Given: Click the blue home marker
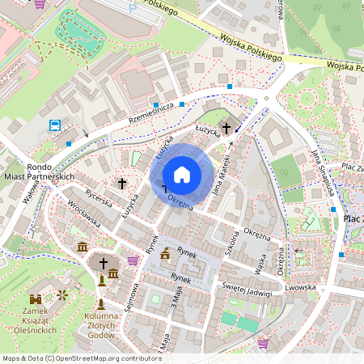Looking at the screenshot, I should [x=182, y=175].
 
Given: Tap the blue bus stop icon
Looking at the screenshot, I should [x=55, y=125].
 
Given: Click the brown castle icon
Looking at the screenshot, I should [x=36, y=298].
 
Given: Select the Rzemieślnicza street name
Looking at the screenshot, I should [x=141, y=112].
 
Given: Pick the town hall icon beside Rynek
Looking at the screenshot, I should [x=166, y=253].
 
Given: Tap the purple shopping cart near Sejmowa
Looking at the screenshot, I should [x=133, y=260].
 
